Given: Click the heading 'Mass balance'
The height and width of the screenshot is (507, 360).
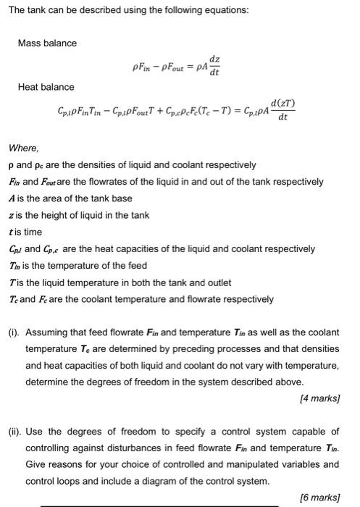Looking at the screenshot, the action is pyautogui.click(x=47, y=43).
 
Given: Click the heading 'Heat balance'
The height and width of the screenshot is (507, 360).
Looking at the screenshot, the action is pyautogui.click(x=46, y=87).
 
